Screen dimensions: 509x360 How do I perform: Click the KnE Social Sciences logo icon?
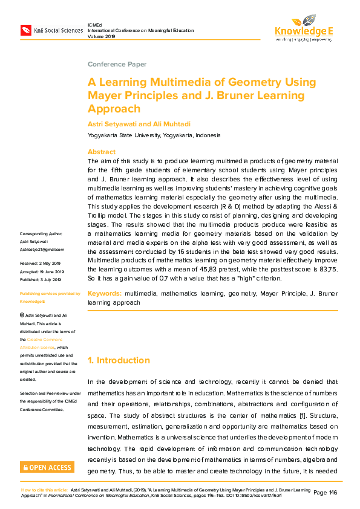(x=26, y=30)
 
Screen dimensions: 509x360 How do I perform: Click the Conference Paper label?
(x=117, y=64)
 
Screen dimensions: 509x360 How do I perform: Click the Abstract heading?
(x=102, y=152)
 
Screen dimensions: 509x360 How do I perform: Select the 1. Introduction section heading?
(x=119, y=360)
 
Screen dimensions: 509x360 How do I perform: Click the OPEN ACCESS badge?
(x=47, y=467)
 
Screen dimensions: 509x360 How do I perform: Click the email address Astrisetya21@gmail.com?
(x=42, y=249)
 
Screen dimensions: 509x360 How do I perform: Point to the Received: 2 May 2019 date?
(x=41, y=264)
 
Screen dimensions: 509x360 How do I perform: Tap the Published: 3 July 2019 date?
(x=41, y=279)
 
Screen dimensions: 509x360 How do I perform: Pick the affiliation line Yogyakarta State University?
(x=154, y=135)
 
